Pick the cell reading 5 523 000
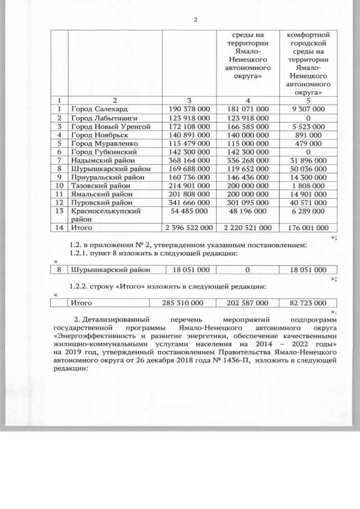click(x=308, y=127)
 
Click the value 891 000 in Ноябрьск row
click(x=308, y=136)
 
